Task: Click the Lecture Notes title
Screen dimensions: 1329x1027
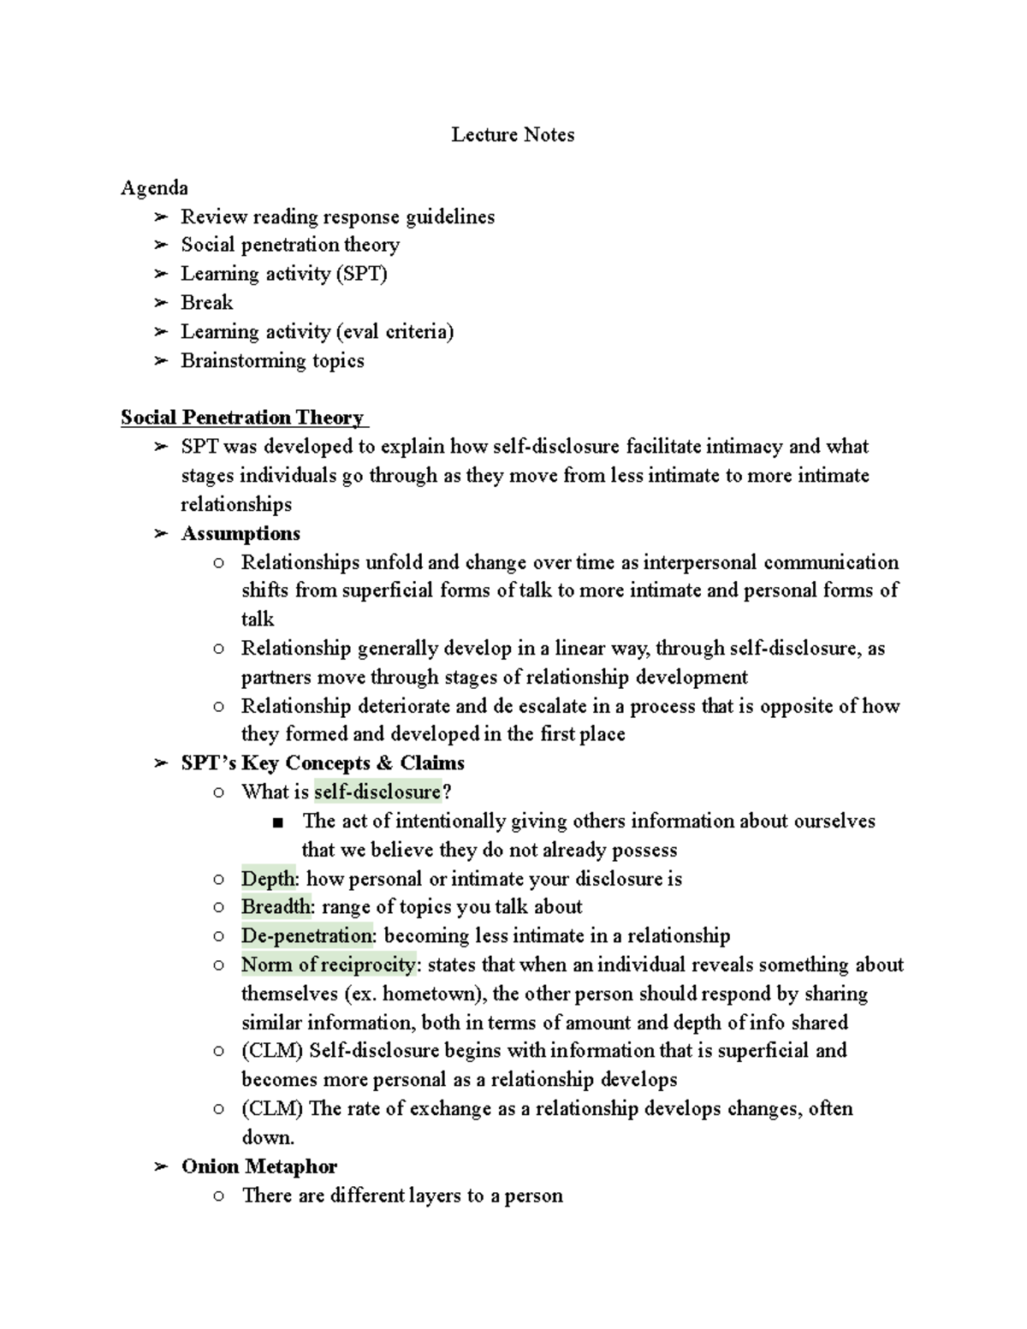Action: coord(513,134)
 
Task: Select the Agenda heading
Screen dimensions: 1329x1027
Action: coord(154,187)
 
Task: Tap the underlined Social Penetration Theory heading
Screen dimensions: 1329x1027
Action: coord(243,418)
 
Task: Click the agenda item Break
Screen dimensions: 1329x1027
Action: coord(206,303)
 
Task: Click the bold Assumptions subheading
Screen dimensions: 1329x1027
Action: coord(240,533)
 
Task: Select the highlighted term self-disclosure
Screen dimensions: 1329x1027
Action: coord(377,792)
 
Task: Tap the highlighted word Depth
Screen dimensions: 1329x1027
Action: coord(268,879)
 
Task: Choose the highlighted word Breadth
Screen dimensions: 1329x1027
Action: coord(276,907)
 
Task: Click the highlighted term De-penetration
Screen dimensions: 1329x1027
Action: coord(307,935)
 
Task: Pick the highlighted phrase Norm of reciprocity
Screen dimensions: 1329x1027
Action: coord(329,964)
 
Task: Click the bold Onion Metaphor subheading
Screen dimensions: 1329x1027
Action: coord(258,1166)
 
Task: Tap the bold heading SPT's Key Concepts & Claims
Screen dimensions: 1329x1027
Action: coord(323,762)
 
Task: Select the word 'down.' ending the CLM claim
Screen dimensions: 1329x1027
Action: coord(268,1137)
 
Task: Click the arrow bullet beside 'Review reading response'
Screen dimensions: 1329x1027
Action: coord(160,217)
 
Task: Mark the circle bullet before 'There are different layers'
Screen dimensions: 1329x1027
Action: coord(219,1196)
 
